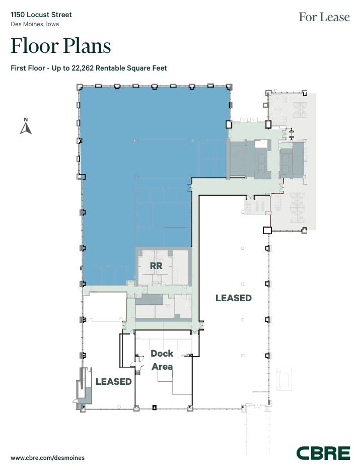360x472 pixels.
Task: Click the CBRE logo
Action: (x=323, y=453)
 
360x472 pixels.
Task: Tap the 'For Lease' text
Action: (x=324, y=17)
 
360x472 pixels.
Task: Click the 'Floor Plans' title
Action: (x=60, y=46)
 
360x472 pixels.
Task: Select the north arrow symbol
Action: (x=26, y=129)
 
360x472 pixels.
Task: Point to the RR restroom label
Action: (x=155, y=265)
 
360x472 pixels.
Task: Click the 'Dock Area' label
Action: (x=162, y=360)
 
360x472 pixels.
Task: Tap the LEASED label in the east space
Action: (x=233, y=298)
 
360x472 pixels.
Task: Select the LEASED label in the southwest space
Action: (x=113, y=381)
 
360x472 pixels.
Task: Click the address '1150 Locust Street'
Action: (x=41, y=15)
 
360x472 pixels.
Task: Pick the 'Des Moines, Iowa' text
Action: (x=34, y=24)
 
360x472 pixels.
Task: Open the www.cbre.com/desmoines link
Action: (x=47, y=458)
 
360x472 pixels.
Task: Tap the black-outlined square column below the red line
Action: (x=267, y=230)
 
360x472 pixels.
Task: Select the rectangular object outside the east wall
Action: (x=283, y=378)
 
